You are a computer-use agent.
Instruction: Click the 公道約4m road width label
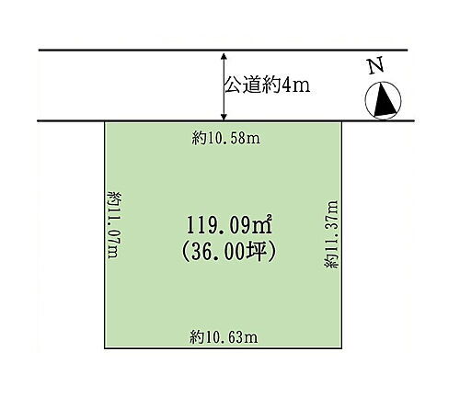click(266, 85)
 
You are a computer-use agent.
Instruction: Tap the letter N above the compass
click(374, 66)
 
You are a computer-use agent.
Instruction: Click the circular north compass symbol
click(385, 99)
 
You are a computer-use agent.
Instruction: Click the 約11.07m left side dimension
click(113, 225)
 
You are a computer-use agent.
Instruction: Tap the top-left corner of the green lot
click(103, 122)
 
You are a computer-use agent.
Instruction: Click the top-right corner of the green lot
click(342, 122)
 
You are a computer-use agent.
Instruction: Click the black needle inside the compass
click(386, 99)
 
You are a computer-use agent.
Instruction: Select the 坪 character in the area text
click(262, 248)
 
